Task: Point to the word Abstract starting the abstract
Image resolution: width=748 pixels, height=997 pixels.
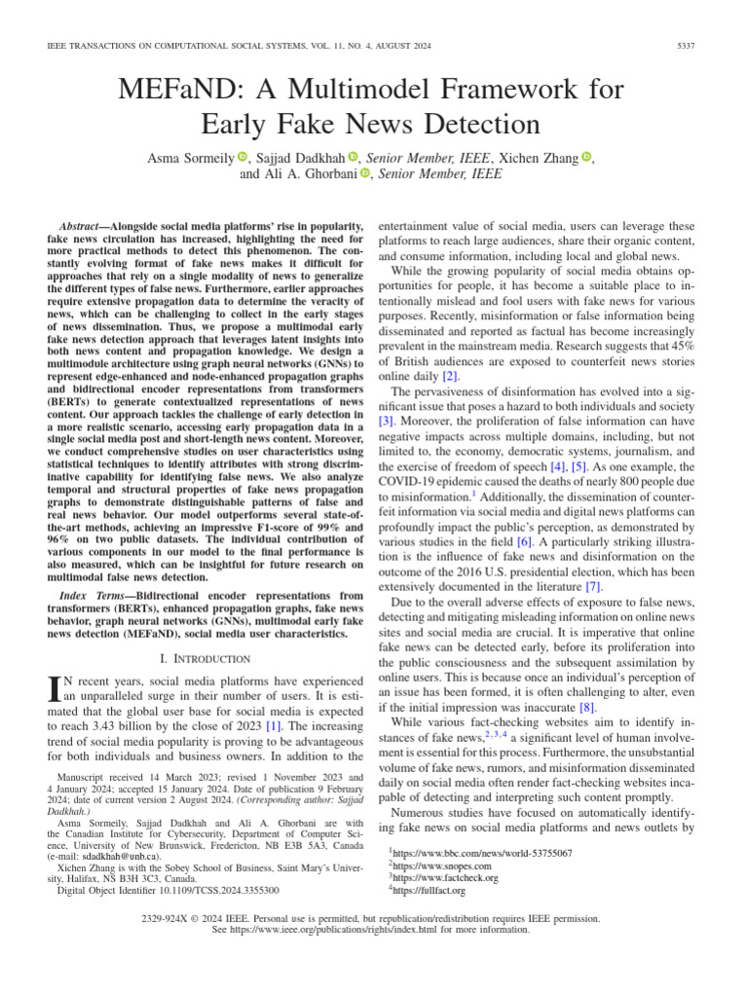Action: [81, 224]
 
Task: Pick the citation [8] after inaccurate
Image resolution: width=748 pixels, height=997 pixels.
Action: [588, 705]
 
